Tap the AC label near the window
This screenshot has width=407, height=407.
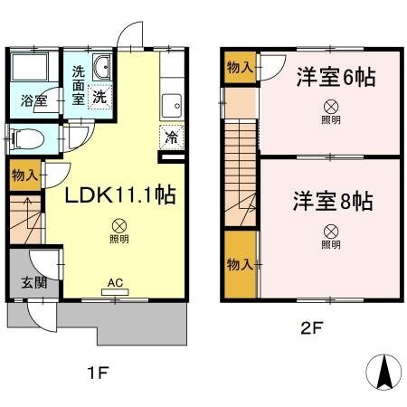coord(115,282)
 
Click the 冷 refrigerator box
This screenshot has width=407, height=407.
coord(170,138)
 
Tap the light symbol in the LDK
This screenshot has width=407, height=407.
coord(118,226)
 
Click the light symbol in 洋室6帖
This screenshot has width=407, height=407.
coord(331,105)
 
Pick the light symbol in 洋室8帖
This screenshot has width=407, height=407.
coord(331,232)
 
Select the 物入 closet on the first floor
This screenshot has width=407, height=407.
coord(25,175)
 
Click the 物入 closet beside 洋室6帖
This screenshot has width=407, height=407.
coord(240,69)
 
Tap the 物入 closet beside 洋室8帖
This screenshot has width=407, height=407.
coord(240,265)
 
